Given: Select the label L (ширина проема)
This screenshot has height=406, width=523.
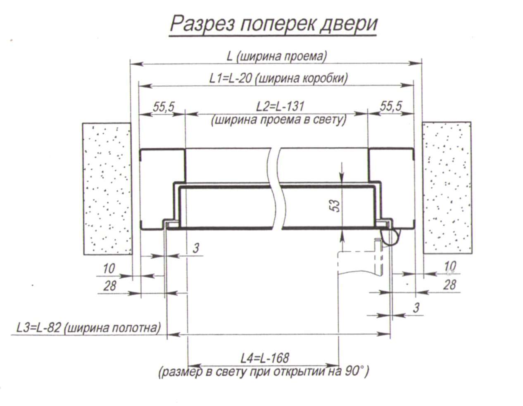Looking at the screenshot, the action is tap(277, 57).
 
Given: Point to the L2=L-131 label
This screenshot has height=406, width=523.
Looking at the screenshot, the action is tap(280, 106).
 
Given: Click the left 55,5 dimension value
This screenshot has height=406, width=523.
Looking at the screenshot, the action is tap(164, 107).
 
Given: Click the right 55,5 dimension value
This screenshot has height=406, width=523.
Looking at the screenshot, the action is tap(391, 106).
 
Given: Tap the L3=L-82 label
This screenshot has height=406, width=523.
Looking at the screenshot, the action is tap(38, 328).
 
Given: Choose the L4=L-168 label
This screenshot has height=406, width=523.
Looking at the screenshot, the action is tap(265, 358).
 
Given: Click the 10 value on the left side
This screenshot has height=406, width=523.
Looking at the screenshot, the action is tap(109, 269).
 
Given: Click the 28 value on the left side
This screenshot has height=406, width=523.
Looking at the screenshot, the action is tap(109, 286).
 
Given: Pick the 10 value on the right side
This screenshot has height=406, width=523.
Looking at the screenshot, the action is tap(450, 267).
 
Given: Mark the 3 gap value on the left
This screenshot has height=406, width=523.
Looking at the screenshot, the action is tap(196, 248).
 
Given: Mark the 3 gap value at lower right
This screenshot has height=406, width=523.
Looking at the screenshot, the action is tap(416, 308).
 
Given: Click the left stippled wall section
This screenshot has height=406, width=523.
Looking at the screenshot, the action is tap(107, 189).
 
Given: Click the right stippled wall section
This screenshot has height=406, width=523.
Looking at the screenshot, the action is tap(447, 188).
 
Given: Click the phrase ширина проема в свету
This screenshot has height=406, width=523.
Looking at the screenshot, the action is tap(279, 120).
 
